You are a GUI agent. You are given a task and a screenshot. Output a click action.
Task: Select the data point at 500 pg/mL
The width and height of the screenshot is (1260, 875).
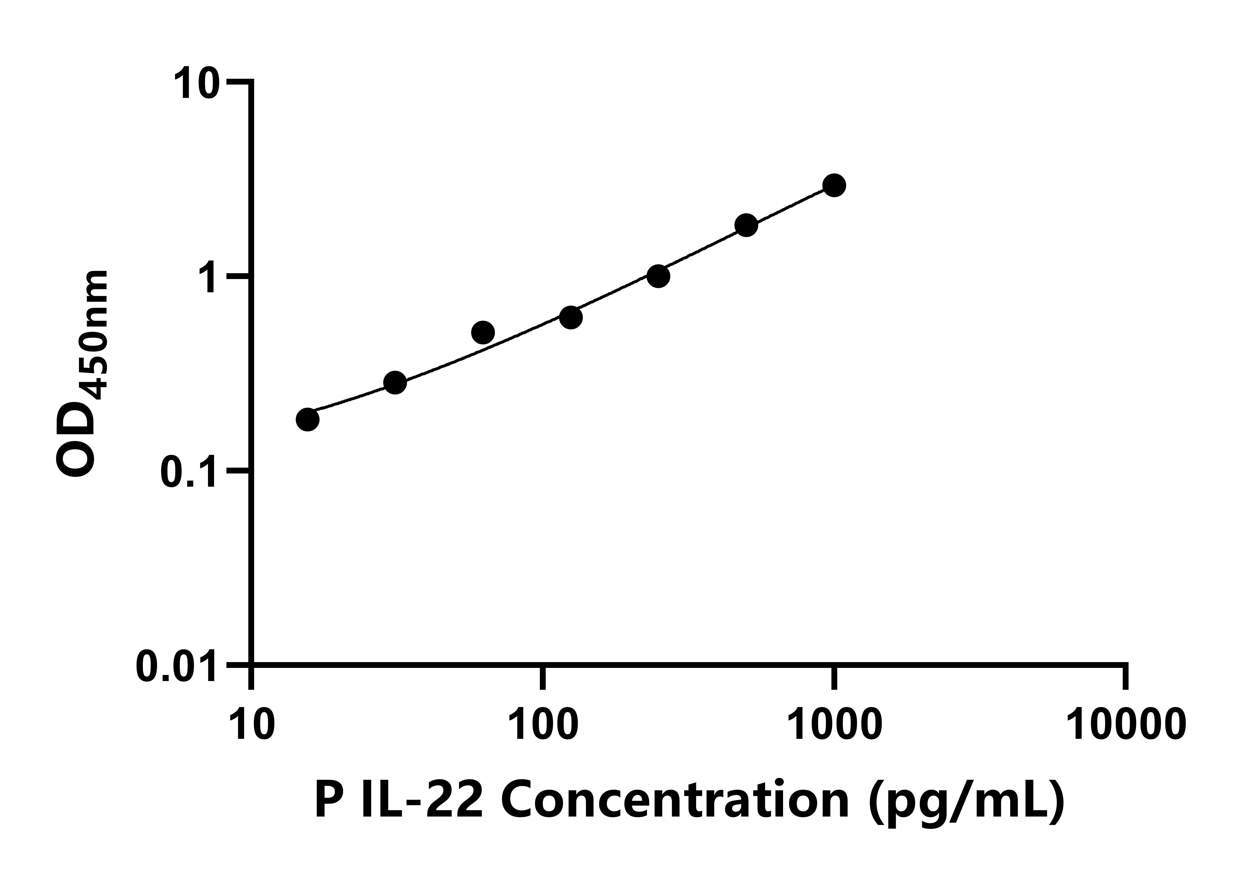[x=746, y=225]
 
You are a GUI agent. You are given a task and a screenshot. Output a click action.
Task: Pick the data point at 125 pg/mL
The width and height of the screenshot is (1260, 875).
[x=570, y=317]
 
